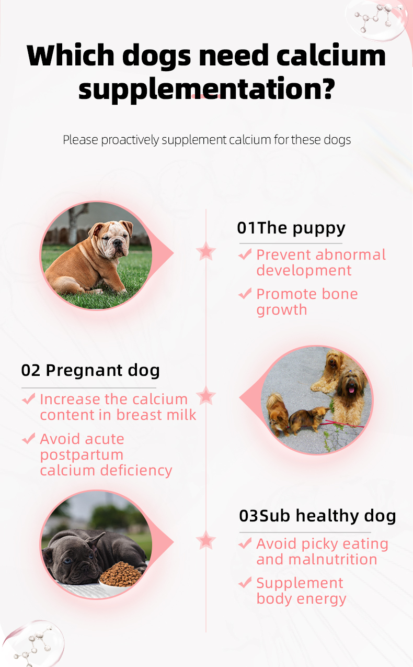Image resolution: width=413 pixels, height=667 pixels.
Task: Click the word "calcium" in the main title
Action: click(x=331, y=55)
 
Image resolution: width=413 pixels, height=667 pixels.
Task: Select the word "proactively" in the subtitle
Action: click(x=130, y=140)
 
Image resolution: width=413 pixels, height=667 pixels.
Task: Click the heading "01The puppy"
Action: click(x=291, y=228)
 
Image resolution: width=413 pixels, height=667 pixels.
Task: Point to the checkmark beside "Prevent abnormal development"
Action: click(x=245, y=254)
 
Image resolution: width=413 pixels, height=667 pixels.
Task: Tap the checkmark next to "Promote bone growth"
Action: click(x=245, y=293)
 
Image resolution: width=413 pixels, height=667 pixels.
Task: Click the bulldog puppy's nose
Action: click(x=118, y=242)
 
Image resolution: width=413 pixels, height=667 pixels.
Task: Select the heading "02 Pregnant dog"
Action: click(x=90, y=371)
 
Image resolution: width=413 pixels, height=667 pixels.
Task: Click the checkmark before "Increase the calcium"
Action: click(x=29, y=398)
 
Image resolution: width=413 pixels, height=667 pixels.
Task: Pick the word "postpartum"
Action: click(x=82, y=454)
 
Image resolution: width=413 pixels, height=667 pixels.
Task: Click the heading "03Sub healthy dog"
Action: click(x=317, y=516)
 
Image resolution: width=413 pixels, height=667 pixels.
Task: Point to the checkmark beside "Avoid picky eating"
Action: click(x=245, y=543)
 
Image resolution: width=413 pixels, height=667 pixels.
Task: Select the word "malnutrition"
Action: click(x=332, y=559)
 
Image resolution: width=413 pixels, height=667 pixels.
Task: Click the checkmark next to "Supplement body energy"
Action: click(x=245, y=582)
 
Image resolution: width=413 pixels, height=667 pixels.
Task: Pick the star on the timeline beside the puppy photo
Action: click(x=206, y=251)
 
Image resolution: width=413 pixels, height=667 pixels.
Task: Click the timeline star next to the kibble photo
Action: click(x=206, y=540)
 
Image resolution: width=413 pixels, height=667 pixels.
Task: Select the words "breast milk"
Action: click(x=156, y=415)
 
